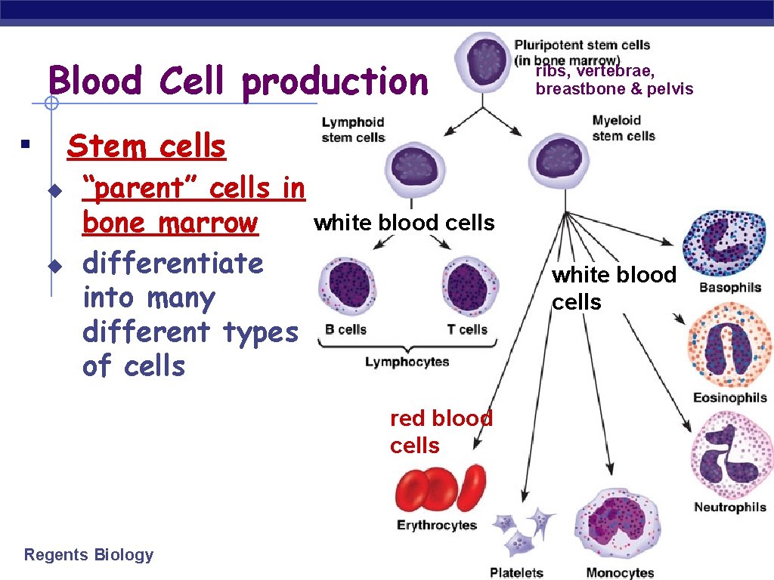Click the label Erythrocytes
point(437,525)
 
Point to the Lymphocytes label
point(407,362)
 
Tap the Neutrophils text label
point(729,507)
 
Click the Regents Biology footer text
point(88,555)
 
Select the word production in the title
point(335,82)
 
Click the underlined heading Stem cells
point(147,146)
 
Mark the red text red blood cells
point(441,431)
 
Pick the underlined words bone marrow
point(170,223)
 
